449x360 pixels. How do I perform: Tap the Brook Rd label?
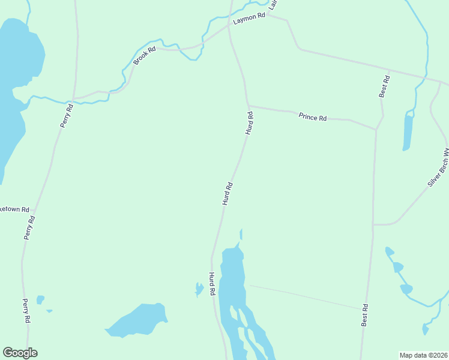point(144,56)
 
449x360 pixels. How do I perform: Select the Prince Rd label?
point(312,117)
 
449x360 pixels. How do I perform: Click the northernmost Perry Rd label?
point(67,116)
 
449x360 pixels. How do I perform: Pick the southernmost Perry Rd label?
point(26,311)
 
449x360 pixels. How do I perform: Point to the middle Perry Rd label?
point(30,227)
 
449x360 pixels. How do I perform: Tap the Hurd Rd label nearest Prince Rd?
point(249,122)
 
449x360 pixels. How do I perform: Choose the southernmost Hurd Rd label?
point(212,284)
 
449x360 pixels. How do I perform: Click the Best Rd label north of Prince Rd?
point(384,86)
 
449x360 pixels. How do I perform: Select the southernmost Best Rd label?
point(364,315)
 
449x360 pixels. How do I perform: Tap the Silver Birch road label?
point(438,168)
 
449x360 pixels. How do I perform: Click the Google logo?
point(20,353)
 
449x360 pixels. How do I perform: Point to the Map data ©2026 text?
point(424,355)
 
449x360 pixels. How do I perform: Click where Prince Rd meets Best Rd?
point(376,128)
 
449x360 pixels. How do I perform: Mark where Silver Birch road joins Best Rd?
point(373,225)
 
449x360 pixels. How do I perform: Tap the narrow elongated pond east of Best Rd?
point(408,132)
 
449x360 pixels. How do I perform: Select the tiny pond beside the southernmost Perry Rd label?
point(40,299)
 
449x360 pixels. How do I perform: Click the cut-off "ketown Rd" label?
point(14,210)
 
